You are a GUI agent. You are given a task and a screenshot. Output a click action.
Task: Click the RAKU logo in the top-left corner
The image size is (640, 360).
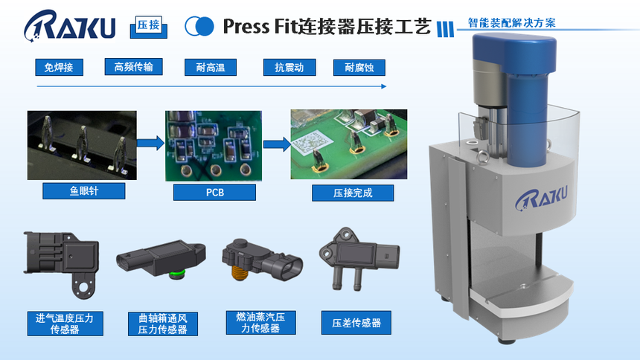pyautogui.click(x=69, y=25)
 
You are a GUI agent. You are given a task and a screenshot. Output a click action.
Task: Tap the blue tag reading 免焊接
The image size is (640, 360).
pyautogui.click(x=60, y=68)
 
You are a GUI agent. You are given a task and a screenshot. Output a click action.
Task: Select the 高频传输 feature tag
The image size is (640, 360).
pyautogui.click(x=133, y=66)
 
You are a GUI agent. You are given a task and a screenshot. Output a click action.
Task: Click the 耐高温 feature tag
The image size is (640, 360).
pyautogui.click(x=210, y=68)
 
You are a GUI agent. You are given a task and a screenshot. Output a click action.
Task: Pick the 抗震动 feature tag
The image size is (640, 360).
pyautogui.click(x=289, y=68)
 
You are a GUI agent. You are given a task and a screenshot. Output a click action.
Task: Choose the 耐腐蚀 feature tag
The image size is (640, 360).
pyautogui.click(x=359, y=68)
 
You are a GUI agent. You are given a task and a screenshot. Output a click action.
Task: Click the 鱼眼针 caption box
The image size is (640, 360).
pyautogui.click(x=83, y=191)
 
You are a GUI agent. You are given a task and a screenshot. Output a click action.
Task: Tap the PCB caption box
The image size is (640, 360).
pyautogui.click(x=214, y=192)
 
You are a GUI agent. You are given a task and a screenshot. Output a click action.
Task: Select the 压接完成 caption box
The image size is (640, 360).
pyautogui.click(x=353, y=193)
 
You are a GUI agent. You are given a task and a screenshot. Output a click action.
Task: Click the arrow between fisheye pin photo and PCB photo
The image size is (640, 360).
pyautogui.click(x=150, y=143)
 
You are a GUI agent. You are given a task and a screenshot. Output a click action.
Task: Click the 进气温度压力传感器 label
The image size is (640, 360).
pyautogui.click(x=65, y=324)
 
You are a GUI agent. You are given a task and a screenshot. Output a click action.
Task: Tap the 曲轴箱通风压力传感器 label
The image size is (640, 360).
pyautogui.click(x=163, y=324)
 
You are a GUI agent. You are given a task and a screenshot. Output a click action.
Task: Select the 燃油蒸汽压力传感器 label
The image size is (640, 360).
pyautogui.click(x=260, y=323)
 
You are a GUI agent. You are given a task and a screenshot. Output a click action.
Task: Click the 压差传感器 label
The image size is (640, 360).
pyautogui.click(x=356, y=323)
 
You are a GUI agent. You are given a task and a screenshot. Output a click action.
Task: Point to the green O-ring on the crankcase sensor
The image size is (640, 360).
pyautogui.click(x=178, y=272)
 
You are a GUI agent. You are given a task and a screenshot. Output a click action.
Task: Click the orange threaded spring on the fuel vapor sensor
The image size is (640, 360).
pyautogui.click(x=240, y=272)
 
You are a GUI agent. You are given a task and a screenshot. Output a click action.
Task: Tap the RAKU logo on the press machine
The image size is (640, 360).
pyautogui.click(x=541, y=199)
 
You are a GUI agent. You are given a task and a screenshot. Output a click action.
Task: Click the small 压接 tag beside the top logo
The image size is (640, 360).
pyautogui.click(x=149, y=27)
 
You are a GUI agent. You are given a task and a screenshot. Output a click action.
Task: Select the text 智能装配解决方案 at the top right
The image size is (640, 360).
pyautogui.click(x=511, y=23)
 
